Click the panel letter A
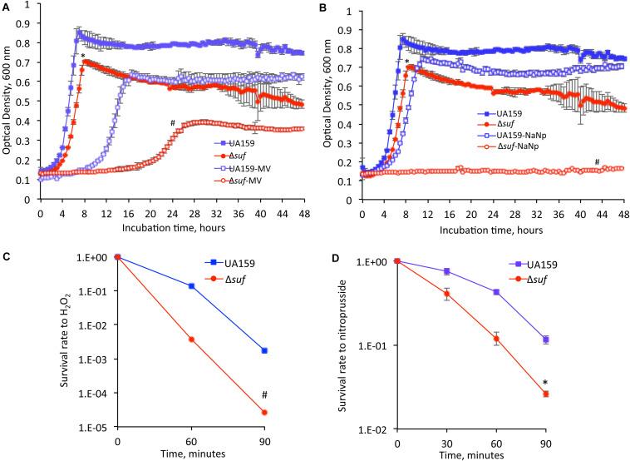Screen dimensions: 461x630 tap(6, 7)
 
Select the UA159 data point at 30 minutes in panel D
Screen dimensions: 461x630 tap(447, 272)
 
